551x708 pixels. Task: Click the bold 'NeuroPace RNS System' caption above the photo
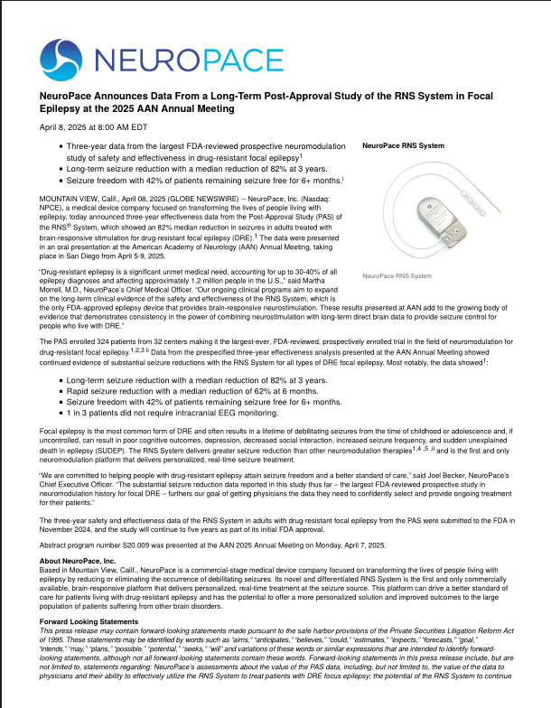(x=403, y=145)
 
